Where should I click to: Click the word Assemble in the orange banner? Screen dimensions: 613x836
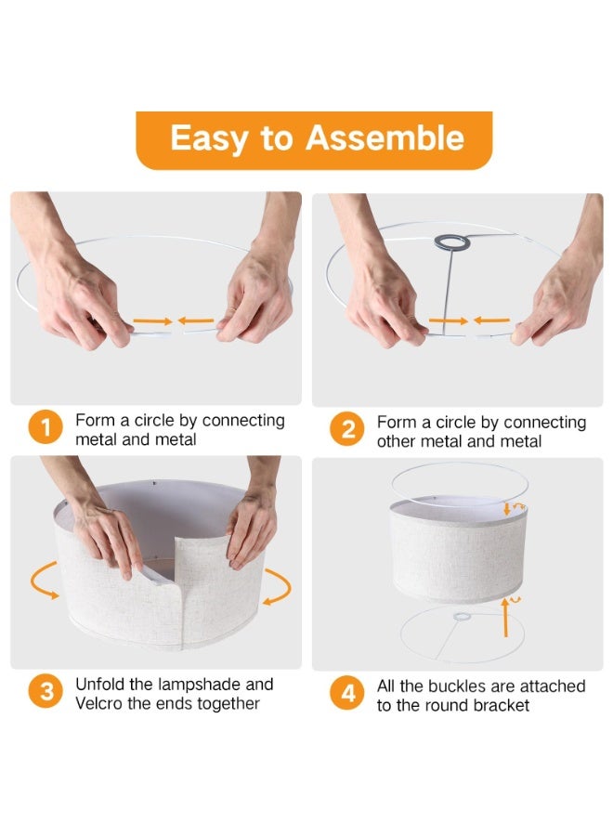point(385,137)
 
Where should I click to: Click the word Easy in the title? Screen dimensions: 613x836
point(210,138)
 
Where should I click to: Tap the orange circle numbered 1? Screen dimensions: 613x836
point(46,427)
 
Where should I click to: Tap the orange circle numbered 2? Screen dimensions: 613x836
point(347,429)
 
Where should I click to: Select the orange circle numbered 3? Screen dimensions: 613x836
point(46,691)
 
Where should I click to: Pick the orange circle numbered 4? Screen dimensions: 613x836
point(347,693)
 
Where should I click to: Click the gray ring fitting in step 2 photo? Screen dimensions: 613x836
point(452,243)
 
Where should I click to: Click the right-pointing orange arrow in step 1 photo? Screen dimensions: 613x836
point(152,321)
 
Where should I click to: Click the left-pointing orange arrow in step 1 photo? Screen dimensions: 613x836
point(196,320)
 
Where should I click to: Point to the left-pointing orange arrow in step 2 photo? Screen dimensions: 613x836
point(491,320)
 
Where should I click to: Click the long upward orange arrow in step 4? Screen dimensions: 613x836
point(505,618)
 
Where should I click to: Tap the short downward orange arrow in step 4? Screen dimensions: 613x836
point(506,508)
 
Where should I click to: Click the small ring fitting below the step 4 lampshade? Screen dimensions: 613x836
point(462,618)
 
